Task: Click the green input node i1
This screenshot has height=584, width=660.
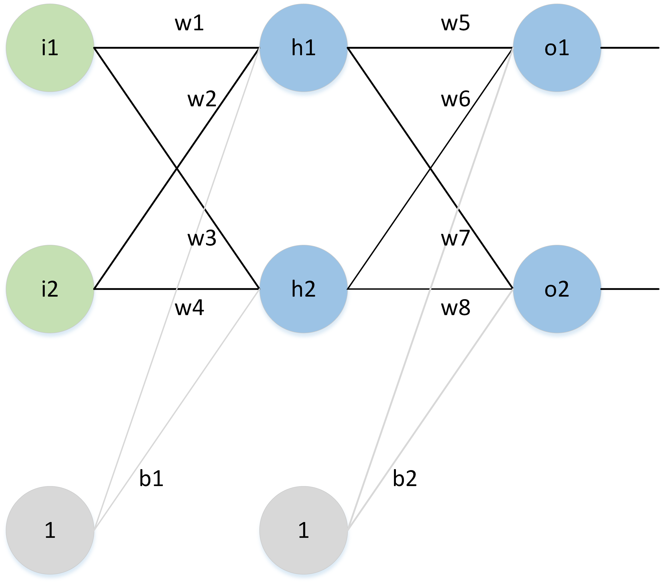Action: point(50,48)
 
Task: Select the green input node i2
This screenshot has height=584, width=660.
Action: point(50,289)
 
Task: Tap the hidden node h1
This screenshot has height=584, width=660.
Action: point(303,48)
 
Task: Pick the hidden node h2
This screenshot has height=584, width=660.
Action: point(303,289)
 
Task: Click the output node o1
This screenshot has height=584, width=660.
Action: point(557,48)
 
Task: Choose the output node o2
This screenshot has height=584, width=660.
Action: point(557,289)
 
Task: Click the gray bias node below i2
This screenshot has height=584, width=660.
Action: point(50,530)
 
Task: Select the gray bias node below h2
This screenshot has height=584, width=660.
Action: point(303,530)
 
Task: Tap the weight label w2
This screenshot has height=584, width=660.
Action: point(202,99)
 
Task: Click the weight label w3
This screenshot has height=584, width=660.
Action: point(202,239)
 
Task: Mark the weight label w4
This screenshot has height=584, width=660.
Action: point(189,308)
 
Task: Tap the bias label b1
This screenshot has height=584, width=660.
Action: point(151,479)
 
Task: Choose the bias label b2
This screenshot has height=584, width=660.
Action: point(405,479)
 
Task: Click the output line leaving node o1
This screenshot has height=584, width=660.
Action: point(630,48)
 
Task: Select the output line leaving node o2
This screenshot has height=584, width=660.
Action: point(630,289)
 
